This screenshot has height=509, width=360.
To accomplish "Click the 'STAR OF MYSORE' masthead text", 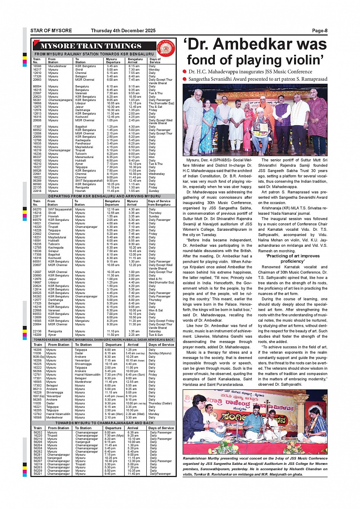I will coord(51,31).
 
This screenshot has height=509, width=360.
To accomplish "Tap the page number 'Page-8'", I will coord(320,31).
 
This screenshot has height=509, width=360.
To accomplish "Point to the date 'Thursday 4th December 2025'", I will coord(123,31).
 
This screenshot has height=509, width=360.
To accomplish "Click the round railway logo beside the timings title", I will coord(166,48).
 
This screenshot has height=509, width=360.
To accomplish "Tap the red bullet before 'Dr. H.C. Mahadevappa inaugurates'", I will coord(185,72).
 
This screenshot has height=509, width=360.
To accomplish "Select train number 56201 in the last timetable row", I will coord(38,474).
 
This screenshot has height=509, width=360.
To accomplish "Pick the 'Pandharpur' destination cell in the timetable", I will coord(83,144).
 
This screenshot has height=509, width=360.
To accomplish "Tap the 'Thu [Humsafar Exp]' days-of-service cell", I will coord(161,103).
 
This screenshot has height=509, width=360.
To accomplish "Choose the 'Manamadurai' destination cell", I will coord(85,157).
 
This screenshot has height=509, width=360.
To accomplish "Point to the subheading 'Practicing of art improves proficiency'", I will coord(293,258).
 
